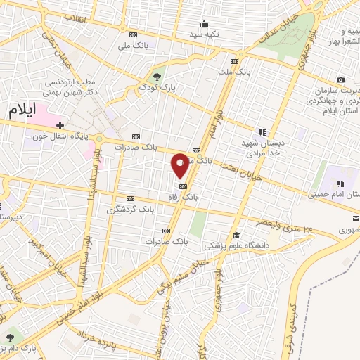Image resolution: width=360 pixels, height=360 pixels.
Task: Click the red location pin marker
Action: [x=180, y=165]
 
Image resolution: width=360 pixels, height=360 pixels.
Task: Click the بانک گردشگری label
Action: [x=129, y=210]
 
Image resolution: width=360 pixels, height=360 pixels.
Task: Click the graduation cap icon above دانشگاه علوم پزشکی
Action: [x=237, y=236]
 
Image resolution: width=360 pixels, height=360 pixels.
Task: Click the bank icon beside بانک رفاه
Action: [x=184, y=186]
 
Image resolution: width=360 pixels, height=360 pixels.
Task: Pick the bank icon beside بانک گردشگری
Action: [x=129, y=198]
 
